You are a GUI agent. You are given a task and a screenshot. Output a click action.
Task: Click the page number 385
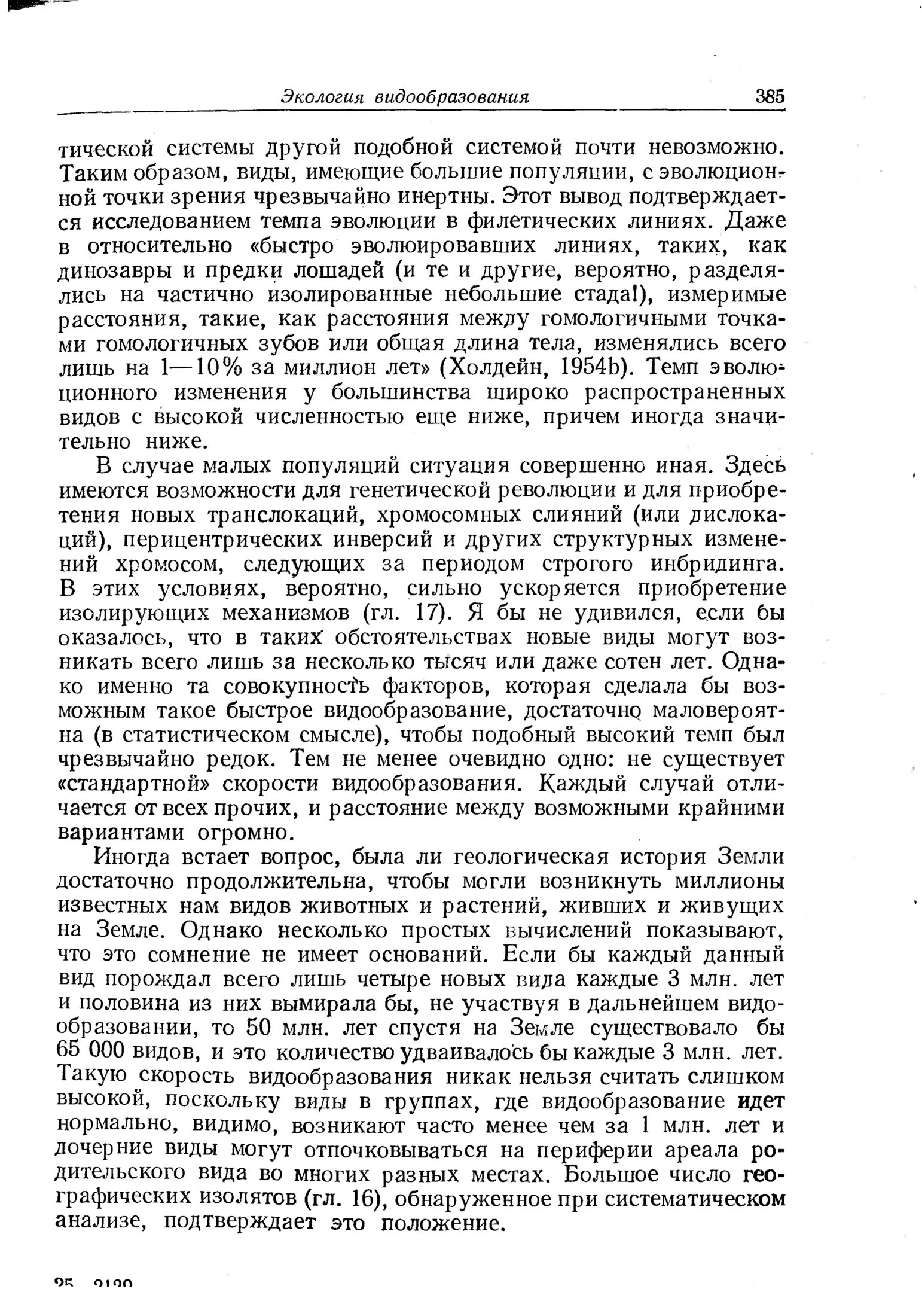[x=770, y=97]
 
